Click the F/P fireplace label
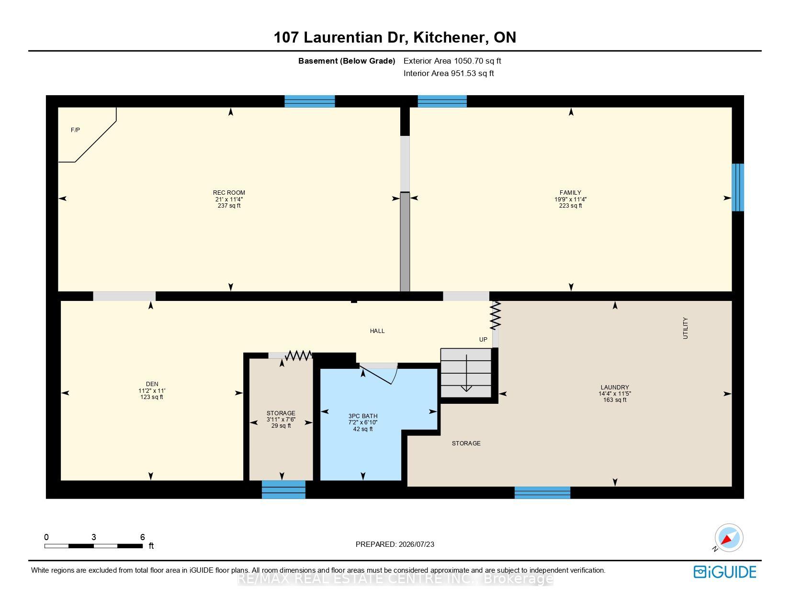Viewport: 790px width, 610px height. coord(75,130)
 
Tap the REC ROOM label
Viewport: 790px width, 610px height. coord(229,192)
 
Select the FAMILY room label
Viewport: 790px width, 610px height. coord(570,192)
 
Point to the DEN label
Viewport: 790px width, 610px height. coord(152,384)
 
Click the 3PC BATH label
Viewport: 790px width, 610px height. coord(363,416)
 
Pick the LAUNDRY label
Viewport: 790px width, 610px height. coord(615,387)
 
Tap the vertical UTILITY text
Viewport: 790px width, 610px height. coord(685,328)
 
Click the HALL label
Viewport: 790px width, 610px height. coord(377,331)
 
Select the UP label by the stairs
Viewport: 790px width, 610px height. coord(483,340)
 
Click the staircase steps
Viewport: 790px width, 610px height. coord(466,373)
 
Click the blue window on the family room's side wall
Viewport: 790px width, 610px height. coord(738,188)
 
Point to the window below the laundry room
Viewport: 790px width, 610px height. coord(542,493)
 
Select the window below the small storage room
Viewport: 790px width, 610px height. coord(283,489)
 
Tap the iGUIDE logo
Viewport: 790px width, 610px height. coord(725,572)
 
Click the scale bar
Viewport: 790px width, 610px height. coord(93,546)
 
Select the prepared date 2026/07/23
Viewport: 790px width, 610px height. coord(416,544)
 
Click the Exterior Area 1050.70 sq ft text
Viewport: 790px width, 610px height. coord(452,61)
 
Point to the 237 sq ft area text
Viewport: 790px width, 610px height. coord(229,206)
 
